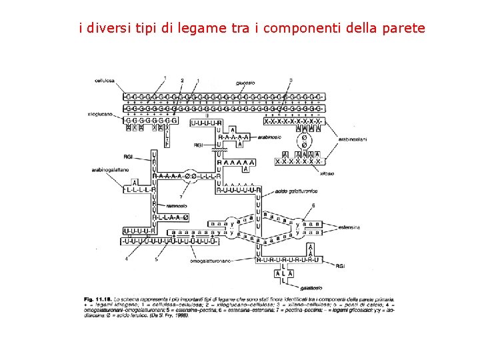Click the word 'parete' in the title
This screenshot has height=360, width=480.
pos(404,28)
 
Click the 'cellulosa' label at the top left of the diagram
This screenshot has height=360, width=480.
pos(105,81)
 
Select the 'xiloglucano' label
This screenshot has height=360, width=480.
pos(102,115)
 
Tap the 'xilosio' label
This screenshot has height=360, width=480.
pos(327,173)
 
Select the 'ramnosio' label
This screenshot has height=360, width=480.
pos(176,206)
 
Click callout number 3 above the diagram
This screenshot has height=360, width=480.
pos(291,80)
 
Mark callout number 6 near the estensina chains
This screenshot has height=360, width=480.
pos(313,205)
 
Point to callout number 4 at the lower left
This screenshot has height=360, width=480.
pos(126,259)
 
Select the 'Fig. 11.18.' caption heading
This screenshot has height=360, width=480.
pos(99,298)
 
